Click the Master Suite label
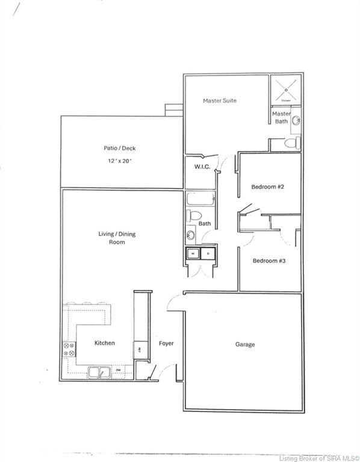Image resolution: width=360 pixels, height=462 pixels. [x=219, y=100]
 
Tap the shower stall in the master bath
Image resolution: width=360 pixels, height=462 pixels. [x=285, y=90]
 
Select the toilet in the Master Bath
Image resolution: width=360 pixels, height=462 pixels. [x=293, y=143]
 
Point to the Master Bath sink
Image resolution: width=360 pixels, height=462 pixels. [x=296, y=122]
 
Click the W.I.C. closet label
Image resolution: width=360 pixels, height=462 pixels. [x=202, y=167]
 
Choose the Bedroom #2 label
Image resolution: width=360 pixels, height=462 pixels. [x=267, y=186]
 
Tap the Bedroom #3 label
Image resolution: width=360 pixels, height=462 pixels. [x=268, y=260]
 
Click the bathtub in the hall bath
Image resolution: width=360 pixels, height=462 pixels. [x=198, y=199]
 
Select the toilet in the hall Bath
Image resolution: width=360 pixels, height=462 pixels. [x=194, y=215]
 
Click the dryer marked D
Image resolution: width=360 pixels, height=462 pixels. [x=208, y=254]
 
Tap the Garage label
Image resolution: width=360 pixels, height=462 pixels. [x=244, y=345]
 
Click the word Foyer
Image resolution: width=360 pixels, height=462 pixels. [x=166, y=343]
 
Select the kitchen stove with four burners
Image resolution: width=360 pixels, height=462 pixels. [x=69, y=350]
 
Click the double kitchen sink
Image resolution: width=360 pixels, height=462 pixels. [x=99, y=372]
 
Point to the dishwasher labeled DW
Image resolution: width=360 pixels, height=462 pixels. [x=119, y=370]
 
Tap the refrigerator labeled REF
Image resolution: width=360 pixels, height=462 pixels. [x=140, y=350]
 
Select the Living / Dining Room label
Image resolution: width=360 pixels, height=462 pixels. [x=112, y=238]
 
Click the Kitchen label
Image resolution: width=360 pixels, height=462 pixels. [x=104, y=343]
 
